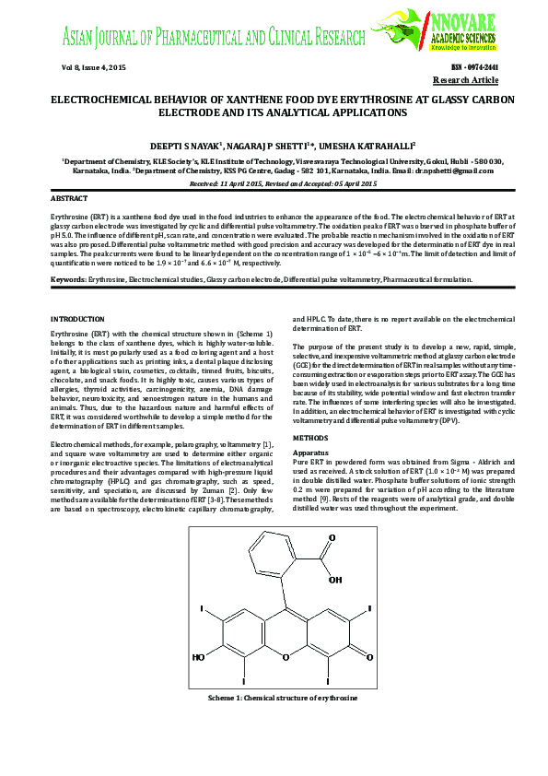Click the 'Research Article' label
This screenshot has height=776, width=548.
pos(473,81)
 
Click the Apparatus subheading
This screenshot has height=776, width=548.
pos(309,454)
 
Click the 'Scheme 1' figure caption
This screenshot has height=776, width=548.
pos(283,700)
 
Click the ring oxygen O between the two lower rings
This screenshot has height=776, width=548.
pos(286,657)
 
